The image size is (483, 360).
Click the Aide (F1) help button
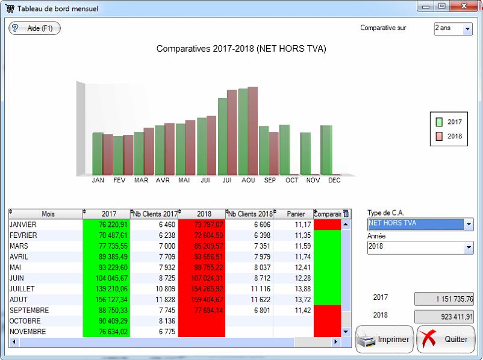pyautogui.click(x=34, y=28)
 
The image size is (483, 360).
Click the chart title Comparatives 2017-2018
pyautogui.click(x=241, y=49)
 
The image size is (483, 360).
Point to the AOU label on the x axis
pyautogui.click(x=248, y=180)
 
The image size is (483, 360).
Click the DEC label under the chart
pyautogui.click(x=334, y=180)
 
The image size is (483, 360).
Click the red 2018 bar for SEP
pyautogui.click(x=273, y=153)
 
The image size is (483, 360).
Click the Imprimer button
pyautogui.click(x=384, y=339)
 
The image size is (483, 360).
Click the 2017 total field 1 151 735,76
pyautogui.click(x=444, y=299)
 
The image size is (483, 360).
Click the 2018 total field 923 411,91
pyautogui.click(x=444, y=317)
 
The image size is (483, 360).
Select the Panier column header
pyautogui.click(x=296, y=214)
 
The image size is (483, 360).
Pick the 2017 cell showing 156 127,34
pyautogui.click(x=107, y=300)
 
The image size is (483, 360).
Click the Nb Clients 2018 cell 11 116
pyautogui.click(x=249, y=289)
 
